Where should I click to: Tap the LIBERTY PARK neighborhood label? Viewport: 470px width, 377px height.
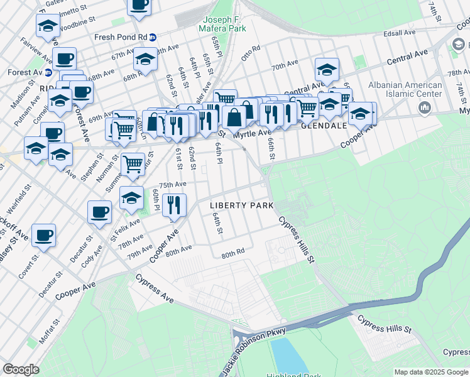[241, 205]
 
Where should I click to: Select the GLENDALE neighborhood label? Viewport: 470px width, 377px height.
[324, 126]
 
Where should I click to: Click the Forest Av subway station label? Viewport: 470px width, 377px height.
[25, 72]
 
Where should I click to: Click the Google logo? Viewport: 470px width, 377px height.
[21, 369]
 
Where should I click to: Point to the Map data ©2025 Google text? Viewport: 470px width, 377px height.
[431, 372]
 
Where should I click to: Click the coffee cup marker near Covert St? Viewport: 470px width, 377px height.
[43, 235]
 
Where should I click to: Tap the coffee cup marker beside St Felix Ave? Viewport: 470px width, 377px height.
[99, 212]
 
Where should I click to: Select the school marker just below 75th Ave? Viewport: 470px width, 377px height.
[131, 197]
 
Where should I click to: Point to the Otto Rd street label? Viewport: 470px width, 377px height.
[250, 49]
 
